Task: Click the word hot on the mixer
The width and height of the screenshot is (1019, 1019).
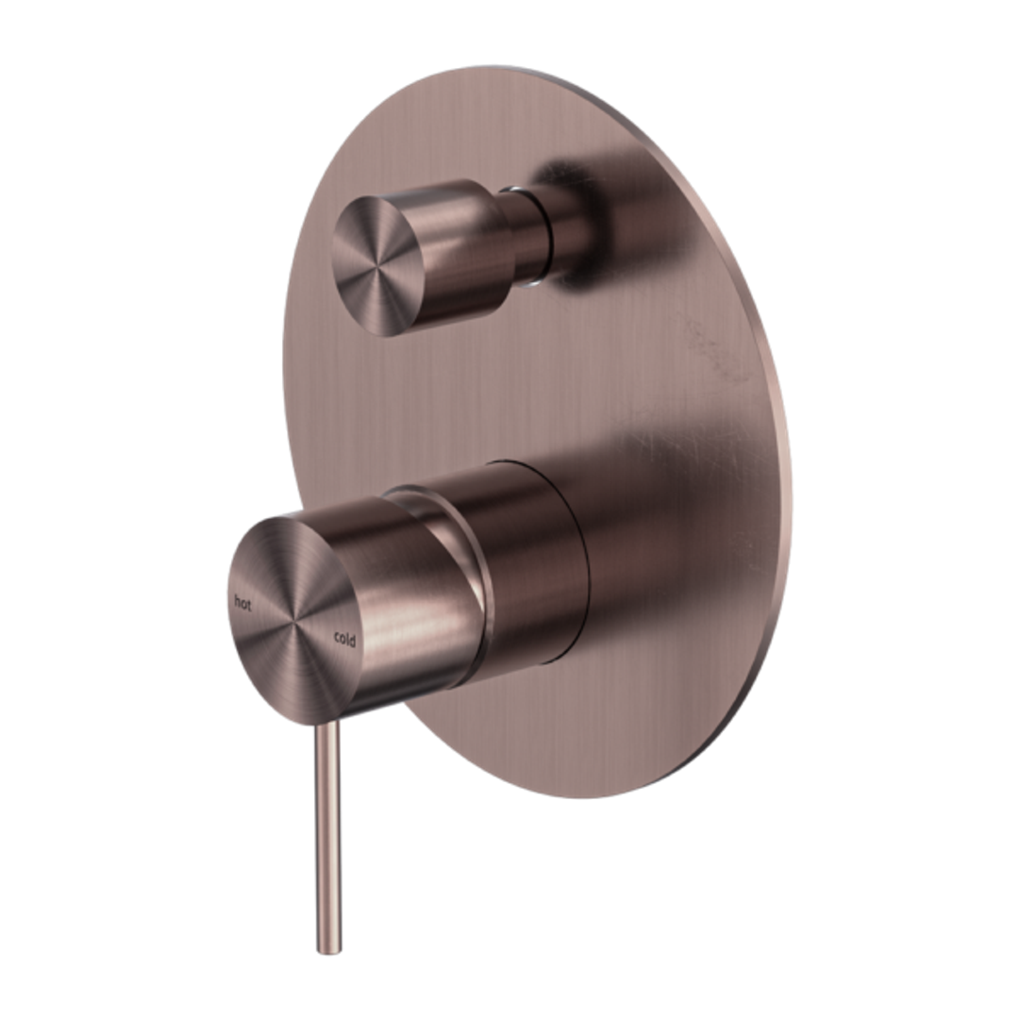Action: [x=244, y=602]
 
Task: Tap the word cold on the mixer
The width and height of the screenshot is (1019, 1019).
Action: [x=344, y=640]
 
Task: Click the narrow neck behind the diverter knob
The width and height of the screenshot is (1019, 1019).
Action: [x=528, y=234]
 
